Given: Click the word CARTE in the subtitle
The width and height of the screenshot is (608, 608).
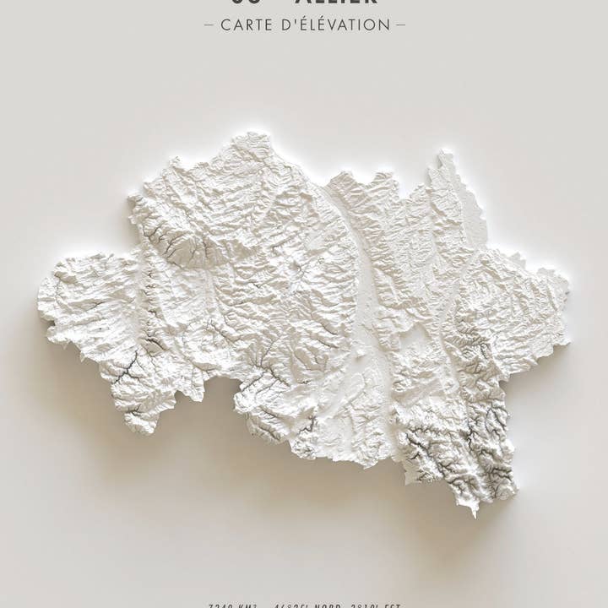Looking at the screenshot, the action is (x=248, y=24).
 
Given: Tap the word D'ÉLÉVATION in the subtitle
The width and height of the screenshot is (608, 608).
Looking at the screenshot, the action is (x=337, y=24).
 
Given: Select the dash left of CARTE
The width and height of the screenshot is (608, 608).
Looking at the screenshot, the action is (x=209, y=24).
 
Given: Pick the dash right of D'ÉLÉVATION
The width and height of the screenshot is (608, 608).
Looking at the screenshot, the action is (x=400, y=24).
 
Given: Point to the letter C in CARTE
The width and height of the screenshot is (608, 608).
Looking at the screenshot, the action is (x=226, y=24).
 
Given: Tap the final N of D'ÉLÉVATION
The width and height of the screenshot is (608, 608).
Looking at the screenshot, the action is (x=385, y=24).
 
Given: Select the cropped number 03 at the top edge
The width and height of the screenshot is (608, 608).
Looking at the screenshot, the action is (x=244, y=3).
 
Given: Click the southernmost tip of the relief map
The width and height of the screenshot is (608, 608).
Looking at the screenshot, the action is (x=474, y=512).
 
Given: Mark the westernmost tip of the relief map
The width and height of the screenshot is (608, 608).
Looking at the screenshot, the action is (x=39, y=304).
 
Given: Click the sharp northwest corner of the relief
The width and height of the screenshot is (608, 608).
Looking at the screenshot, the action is (x=132, y=199).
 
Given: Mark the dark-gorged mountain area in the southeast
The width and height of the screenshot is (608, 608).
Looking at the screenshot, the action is (x=460, y=439).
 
